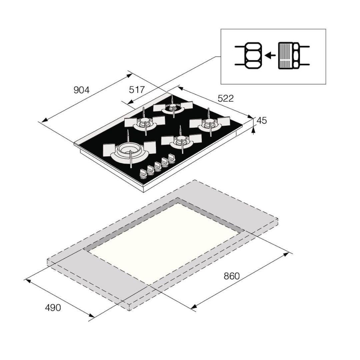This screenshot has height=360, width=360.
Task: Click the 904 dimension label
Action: tap(81, 90)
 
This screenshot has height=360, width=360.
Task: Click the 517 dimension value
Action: tap(137, 90)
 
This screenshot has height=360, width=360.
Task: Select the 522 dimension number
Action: tap(226, 98)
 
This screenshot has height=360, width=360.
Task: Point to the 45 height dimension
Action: tap(262, 121)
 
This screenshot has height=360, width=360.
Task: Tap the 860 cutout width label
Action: tap(232, 276)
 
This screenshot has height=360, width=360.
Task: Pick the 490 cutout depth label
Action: tap(53, 307)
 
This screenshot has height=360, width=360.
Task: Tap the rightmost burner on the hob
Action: tap(210, 124)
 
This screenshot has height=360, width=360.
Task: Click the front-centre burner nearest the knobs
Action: tap(181, 141)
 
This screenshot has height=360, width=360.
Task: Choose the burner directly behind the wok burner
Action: tap(145, 122)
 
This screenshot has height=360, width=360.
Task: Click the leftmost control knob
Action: tap(143, 172)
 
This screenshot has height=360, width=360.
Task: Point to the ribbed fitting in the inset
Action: tap(285, 56)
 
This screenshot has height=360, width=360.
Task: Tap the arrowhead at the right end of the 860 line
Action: tap(286, 254)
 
